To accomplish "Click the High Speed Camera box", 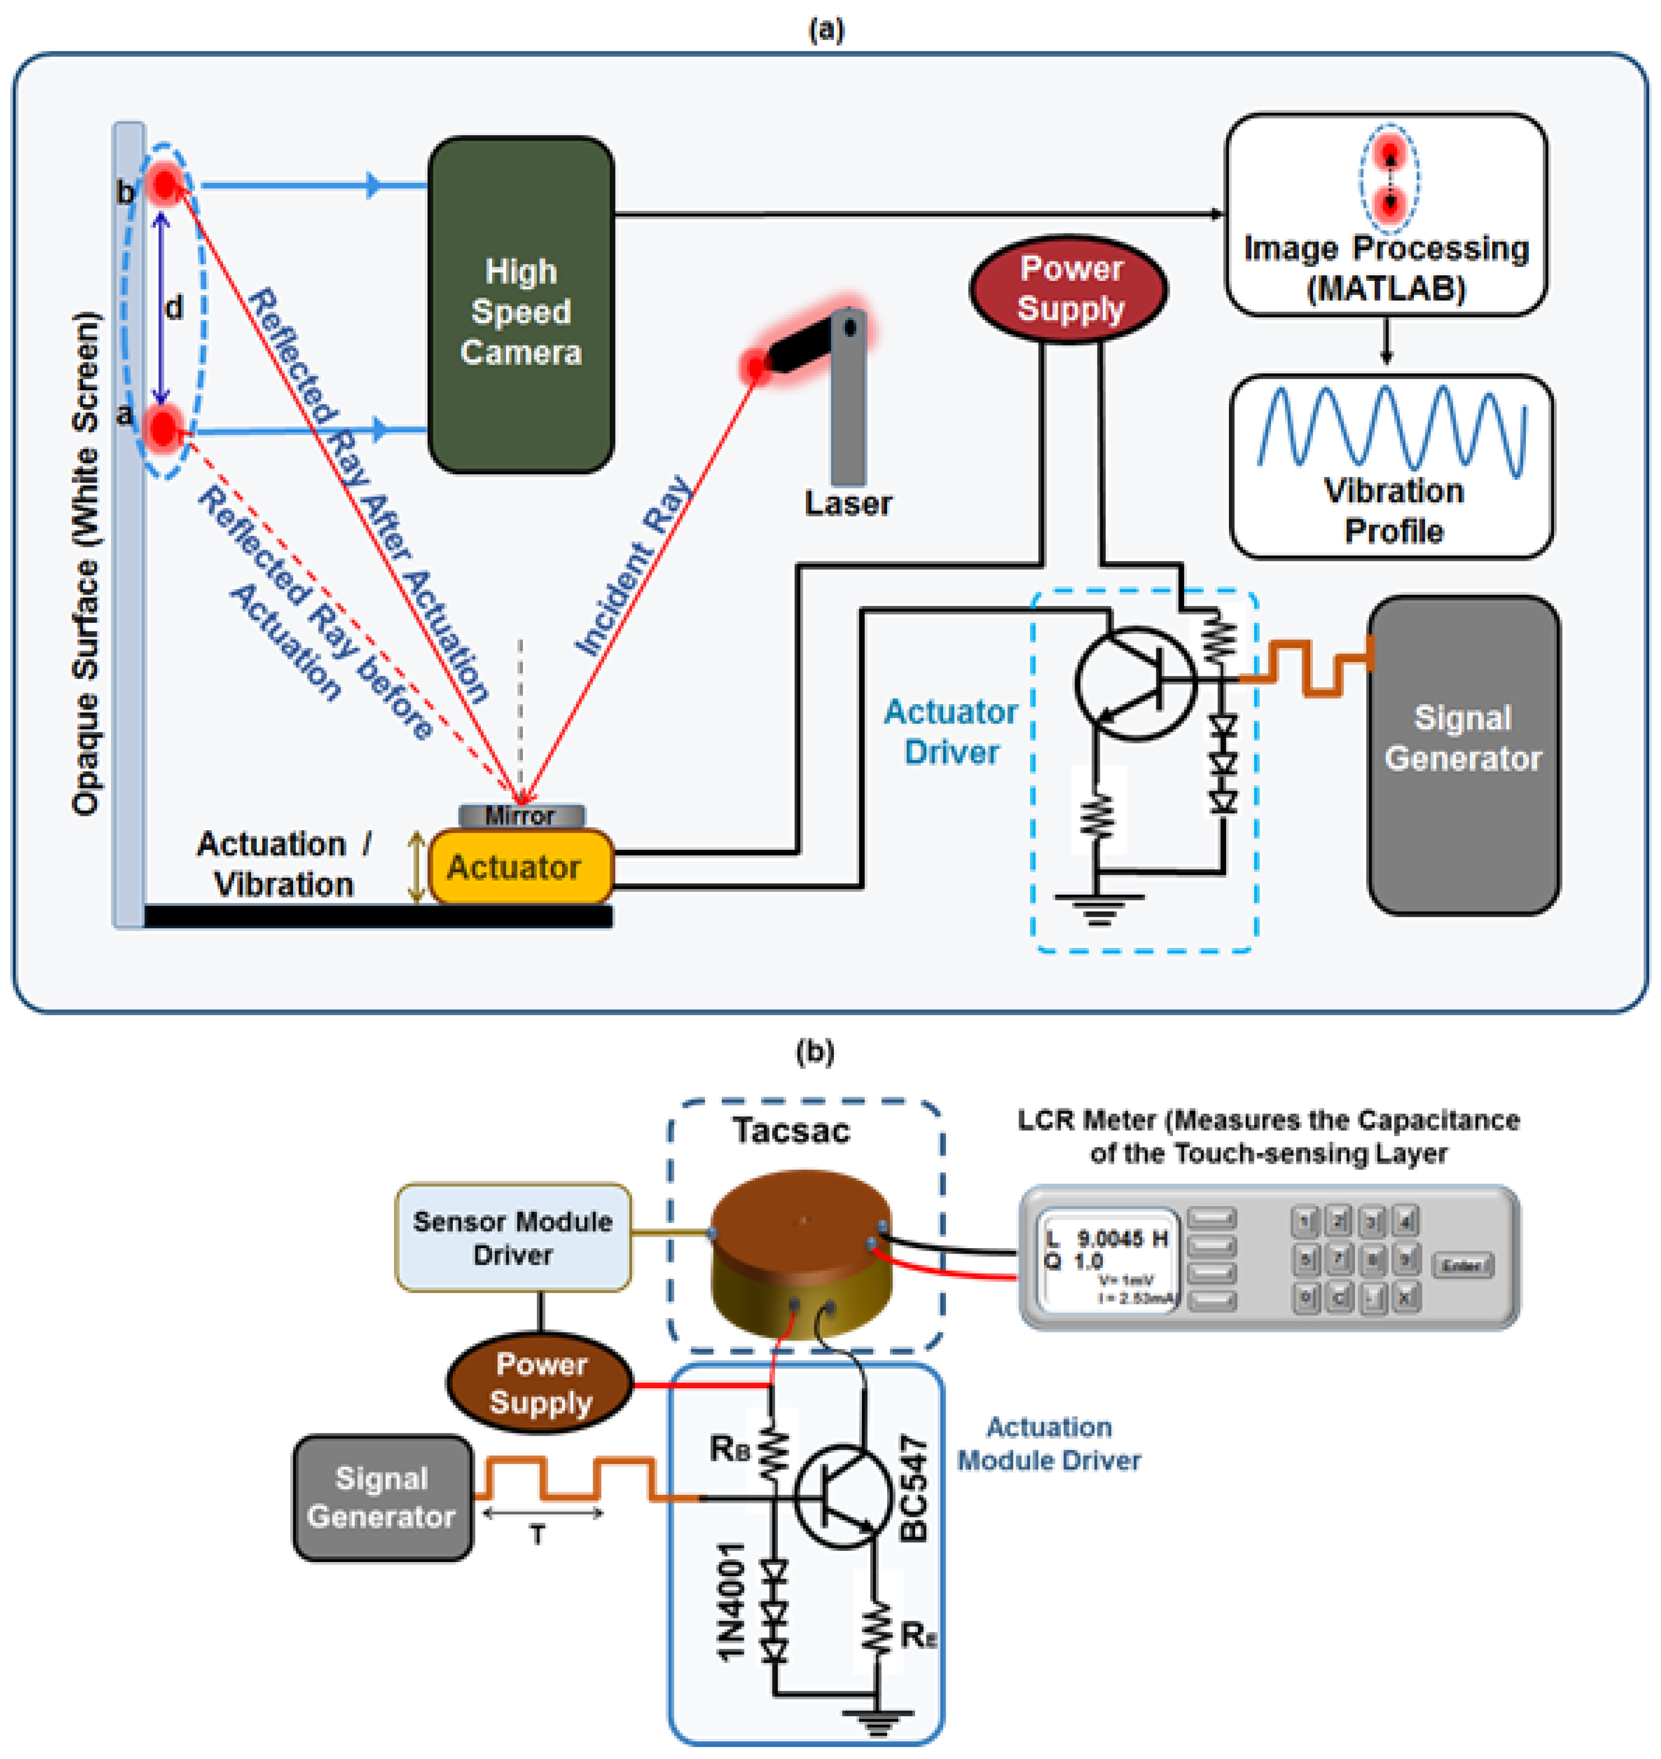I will click(521, 306).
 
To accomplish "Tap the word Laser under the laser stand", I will click(847, 504).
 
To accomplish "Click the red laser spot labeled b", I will click(165, 184).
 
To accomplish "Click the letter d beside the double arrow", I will click(174, 308).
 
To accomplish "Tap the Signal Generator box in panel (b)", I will click(382, 1497).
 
